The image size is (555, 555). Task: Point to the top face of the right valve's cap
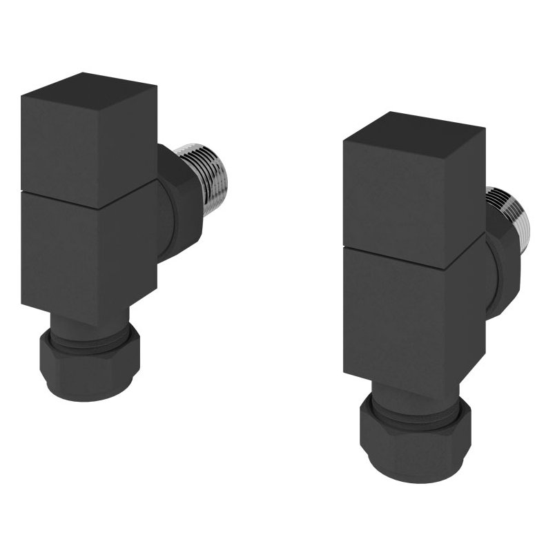click(x=413, y=127)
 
